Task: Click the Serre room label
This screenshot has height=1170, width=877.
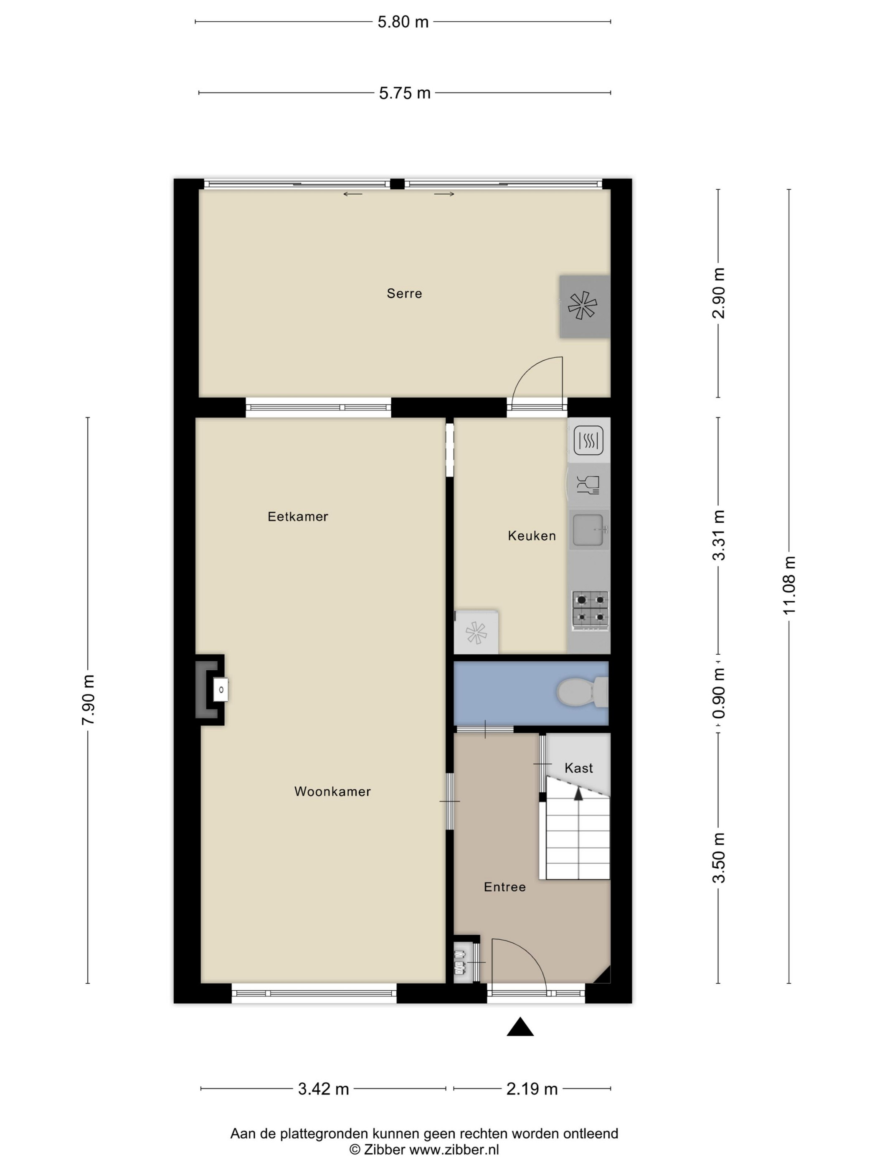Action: pos(404,294)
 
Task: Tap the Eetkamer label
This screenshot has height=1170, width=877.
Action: pos(298,517)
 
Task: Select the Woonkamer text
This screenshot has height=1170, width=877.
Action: pos(332,792)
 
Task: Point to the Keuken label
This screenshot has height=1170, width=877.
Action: pos(532,536)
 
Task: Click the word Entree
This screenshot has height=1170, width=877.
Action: pos(505,887)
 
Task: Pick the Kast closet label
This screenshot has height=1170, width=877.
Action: pos(579,768)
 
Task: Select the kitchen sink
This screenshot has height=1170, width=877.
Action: pos(589,529)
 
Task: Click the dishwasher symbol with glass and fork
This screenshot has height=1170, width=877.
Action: pos(588,484)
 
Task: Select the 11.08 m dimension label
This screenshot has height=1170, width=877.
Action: pos(789,585)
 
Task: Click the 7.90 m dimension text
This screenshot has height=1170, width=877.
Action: pos(88,700)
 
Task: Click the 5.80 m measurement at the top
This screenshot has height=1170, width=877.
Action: pos(403,22)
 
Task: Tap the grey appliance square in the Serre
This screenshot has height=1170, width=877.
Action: pos(585,306)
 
